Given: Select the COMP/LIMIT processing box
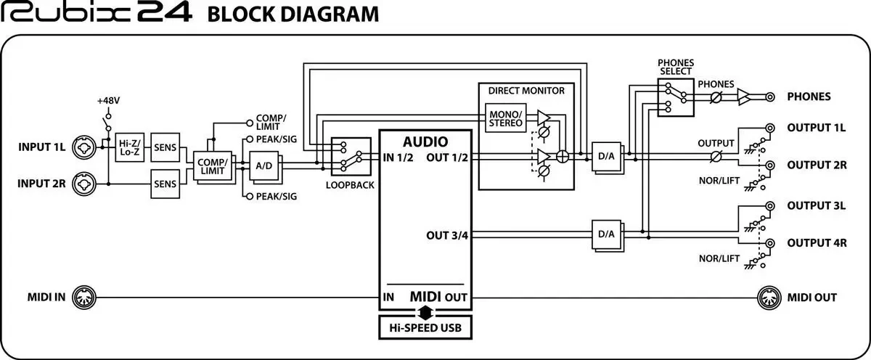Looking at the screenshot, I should tap(211, 166).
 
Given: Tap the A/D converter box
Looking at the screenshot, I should tap(264, 166).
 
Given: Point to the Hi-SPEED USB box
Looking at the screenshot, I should tap(425, 327).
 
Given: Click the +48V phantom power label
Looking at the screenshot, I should tap(107, 99).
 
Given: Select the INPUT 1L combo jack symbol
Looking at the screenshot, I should tap(84, 147).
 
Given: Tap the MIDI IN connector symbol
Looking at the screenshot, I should tap(84, 297).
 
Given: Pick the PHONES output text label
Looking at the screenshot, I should tap(809, 96).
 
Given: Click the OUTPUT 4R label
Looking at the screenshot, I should tap(817, 242).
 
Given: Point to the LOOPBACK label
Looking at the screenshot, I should tap(351, 185).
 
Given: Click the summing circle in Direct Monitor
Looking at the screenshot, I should tap(561, 156).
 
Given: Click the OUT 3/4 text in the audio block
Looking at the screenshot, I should tap(447, 235).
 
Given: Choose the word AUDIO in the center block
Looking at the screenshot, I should tap(425, 142).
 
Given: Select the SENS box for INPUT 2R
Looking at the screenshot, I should tap(163, 184).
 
